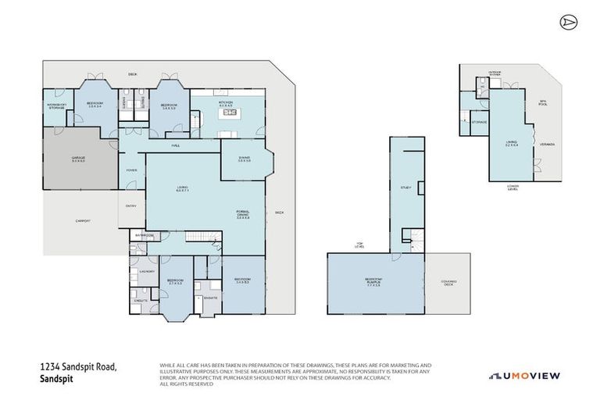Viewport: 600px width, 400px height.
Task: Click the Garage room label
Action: point(78,159)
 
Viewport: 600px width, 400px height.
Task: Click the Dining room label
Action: point(244,159)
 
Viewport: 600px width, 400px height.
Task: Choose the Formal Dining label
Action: point(242,216)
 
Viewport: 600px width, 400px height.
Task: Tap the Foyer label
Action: point(130,169)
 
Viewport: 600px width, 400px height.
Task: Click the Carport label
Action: point(83,221)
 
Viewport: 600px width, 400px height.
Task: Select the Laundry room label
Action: point(145,270)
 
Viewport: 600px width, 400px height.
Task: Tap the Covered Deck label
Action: point(448,282)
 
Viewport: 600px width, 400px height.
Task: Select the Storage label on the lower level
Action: point(479,123)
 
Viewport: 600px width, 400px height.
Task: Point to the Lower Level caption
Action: point(512,187)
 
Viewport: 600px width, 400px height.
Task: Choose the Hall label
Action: point(177,146)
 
